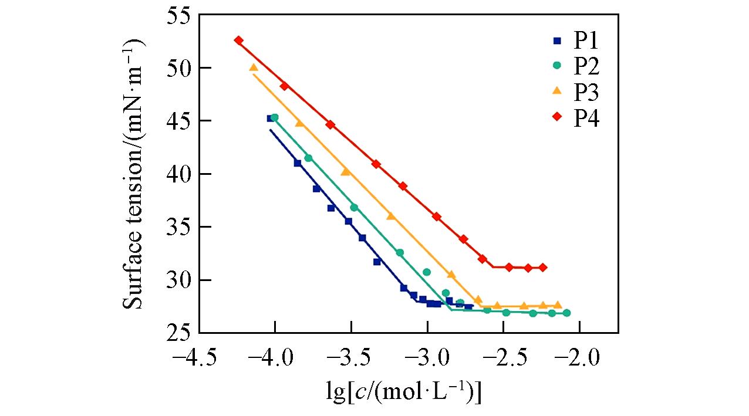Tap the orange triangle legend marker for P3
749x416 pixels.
[x=557, y=91]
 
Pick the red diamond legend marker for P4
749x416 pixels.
[x=557, y=118]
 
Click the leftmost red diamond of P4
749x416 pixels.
[x=238, y=40]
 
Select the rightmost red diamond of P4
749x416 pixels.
[x=543, y=268]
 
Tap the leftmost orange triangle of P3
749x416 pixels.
[x=254, y=67]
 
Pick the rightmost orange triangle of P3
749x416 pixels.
[x=558, y=305]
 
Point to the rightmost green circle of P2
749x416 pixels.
[x=566, y=313]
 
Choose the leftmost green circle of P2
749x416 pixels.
[x=275, y=118]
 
